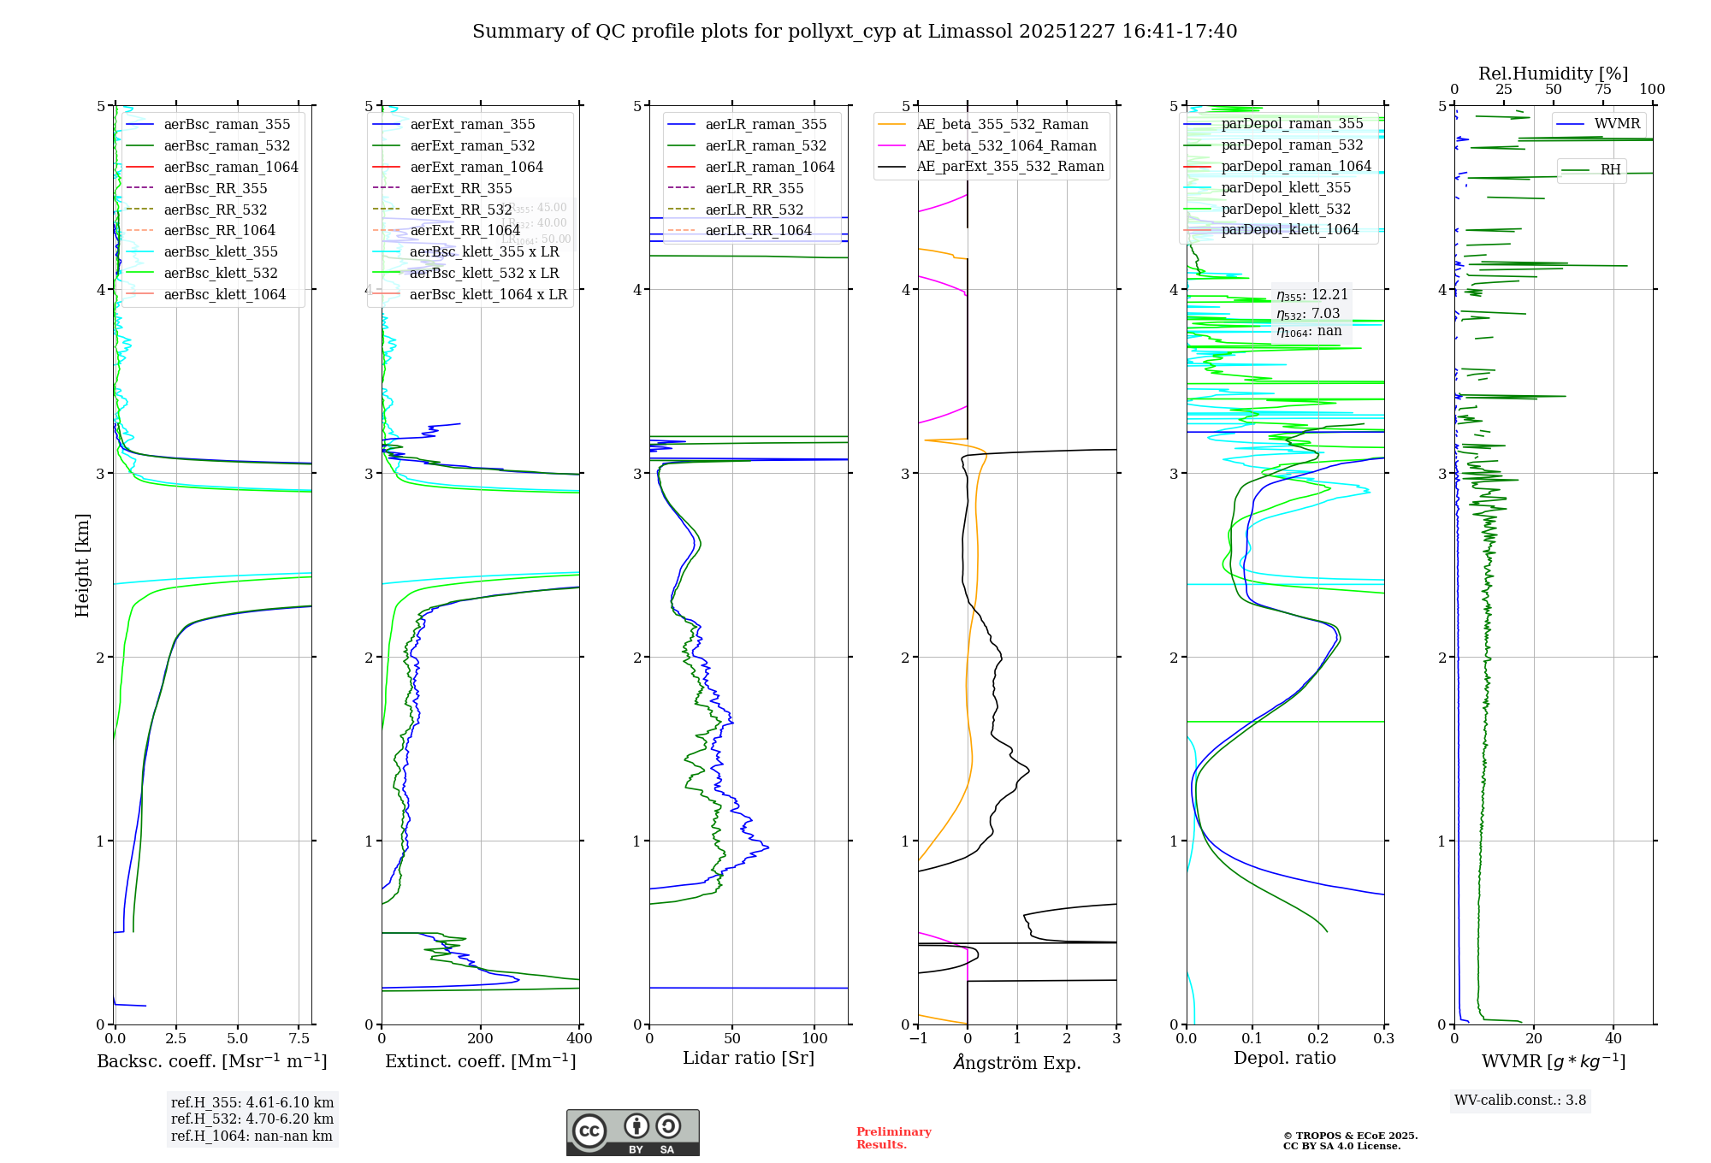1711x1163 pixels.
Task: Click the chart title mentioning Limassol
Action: [x=855, y=32]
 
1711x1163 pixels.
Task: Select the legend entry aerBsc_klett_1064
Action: [x=224, y=294]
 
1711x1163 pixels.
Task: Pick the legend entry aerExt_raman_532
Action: [x=472, y=145]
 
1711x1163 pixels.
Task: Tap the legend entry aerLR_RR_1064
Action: [x=758, y=230]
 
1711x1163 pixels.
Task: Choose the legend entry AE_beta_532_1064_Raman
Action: [x=1006, y=145]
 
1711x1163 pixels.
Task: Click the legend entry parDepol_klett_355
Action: [x=1286, y=187]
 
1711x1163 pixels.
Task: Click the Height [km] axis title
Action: [x=82, y=565]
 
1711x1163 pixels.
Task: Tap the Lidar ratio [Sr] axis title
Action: [x=749, y=1058]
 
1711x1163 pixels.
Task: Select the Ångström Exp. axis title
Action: [x=1017, y=1062]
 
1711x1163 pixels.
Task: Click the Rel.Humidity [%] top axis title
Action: [x=1553, y=74]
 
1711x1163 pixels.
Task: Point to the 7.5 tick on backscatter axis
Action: [x=299, y=1038]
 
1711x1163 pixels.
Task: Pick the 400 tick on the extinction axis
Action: [x=579, y=1038]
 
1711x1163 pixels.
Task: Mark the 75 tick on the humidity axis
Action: [x=1602, y=89]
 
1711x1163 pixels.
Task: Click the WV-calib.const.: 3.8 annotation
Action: [x=1520, y=1101]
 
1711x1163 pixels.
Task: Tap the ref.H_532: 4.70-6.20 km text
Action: [x=252, y=1119]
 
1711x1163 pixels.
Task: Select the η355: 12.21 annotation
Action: [x=1311, y=295]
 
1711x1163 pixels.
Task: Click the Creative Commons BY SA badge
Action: [x=632, y=1132]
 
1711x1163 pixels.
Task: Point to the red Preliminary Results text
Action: [x=893, y=1138]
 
